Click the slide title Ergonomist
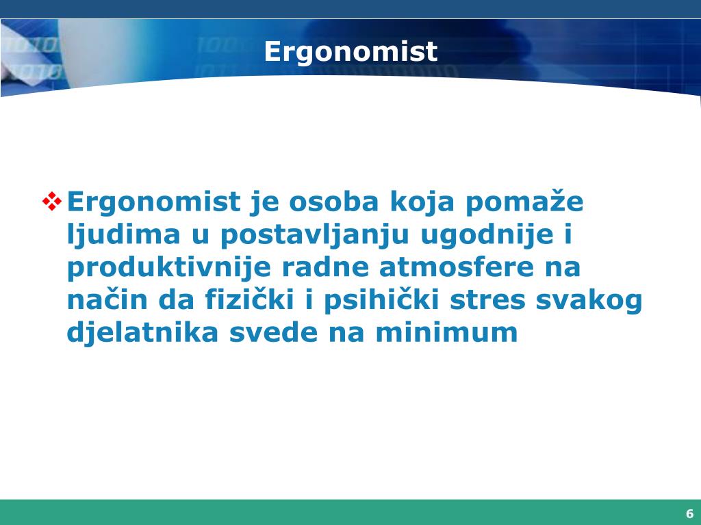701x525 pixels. [350, 52]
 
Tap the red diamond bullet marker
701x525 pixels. [52, 202]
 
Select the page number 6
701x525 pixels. [689, 514]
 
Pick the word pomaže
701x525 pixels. [526, 202]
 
